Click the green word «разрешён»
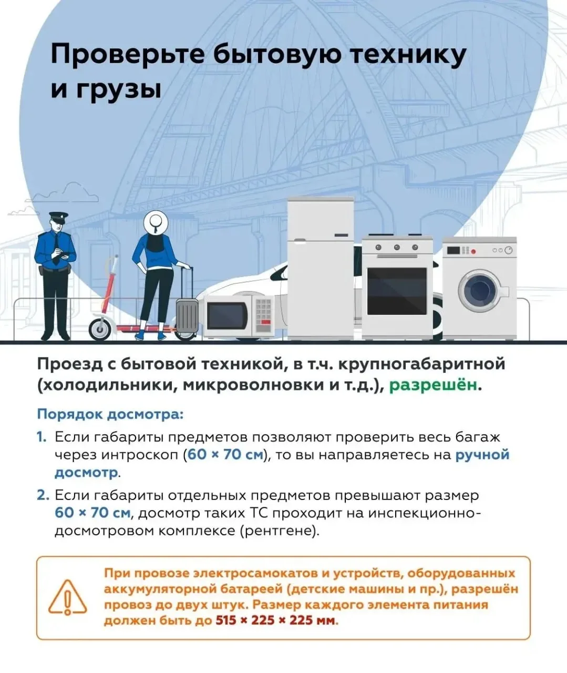[434, 385]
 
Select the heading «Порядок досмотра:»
[110, 414]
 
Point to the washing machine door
[480, 291]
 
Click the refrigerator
[320, 268]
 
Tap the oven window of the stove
[397, 291]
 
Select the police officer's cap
[58, 216]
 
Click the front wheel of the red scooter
[99, 329]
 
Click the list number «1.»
[42, 437]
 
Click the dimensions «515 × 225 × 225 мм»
[275, 620]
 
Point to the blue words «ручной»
[482, 454]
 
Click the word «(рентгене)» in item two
[279, 531]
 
